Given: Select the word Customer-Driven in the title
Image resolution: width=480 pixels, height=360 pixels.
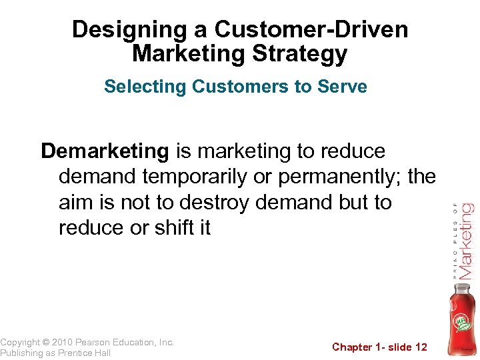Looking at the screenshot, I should pyautogui.click(x=311, y=30).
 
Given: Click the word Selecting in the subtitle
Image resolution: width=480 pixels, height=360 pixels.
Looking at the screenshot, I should pyautogui.click(x=145, y=87).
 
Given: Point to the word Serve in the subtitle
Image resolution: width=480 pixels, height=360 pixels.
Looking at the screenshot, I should pyautogui.click(x=344, y=87).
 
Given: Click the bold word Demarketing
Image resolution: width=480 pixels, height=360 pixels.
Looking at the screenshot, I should pyautogui.click(x=105, y=151).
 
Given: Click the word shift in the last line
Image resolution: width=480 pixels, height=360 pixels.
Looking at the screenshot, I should pyautogui.click(x=172, y=227).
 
